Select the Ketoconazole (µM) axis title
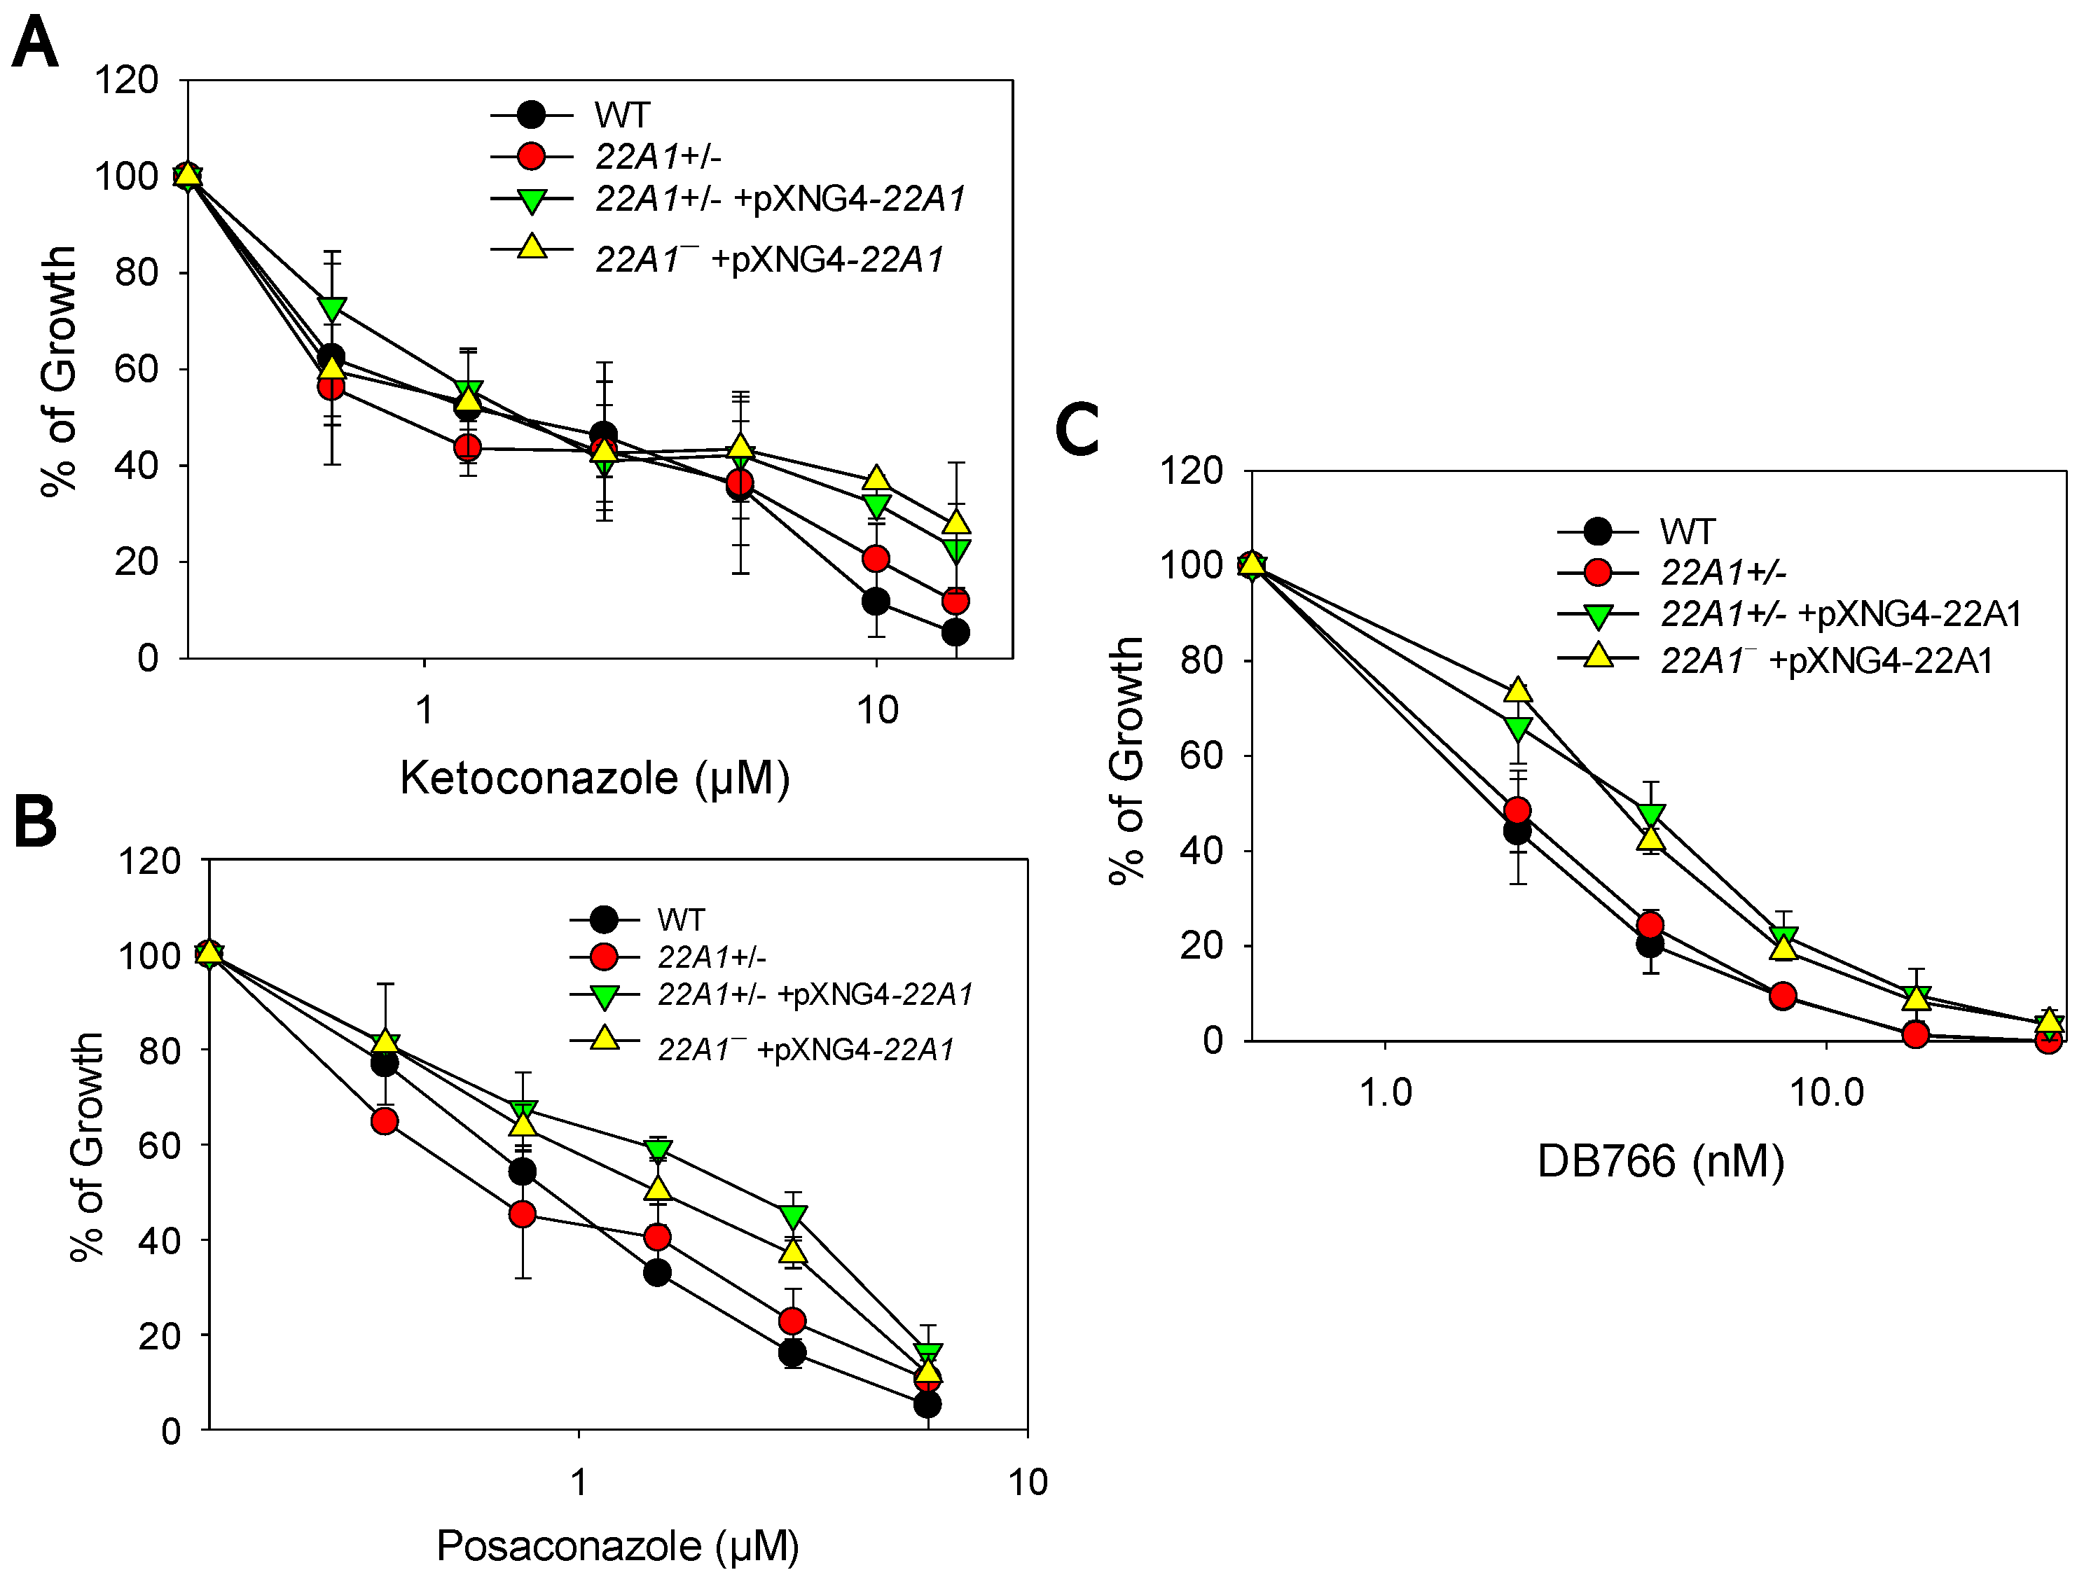[594, 779]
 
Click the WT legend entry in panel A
[621, 115]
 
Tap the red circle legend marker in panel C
[1597, 572]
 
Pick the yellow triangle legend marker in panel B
[604, 1039]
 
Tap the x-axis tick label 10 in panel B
[1027, 1483]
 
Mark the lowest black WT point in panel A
[955, 632]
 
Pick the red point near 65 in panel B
[384, 1121]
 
